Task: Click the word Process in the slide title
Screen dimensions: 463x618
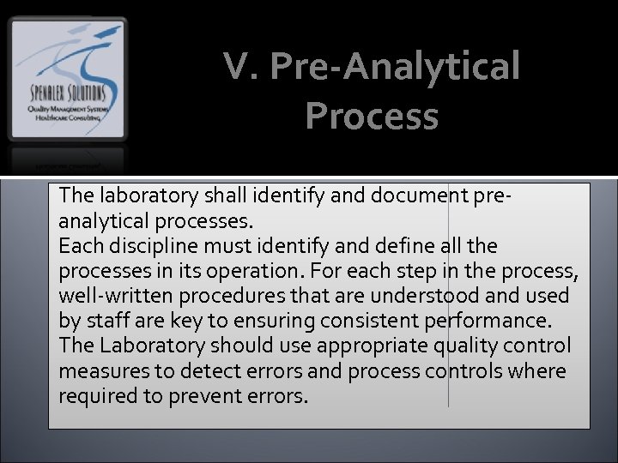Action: tap(371, 117)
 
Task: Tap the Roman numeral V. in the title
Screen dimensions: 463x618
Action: tap(241, 67)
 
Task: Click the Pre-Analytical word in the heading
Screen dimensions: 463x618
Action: tap(395, 67)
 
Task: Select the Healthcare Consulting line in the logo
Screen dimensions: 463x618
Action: tap(67, 118)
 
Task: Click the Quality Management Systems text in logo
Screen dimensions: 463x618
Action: tap(67, 108)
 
